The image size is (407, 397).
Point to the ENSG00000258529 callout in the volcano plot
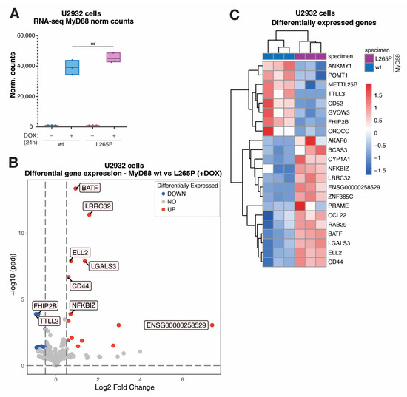pos(175,325)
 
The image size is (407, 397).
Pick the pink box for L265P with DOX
pos(114,58)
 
